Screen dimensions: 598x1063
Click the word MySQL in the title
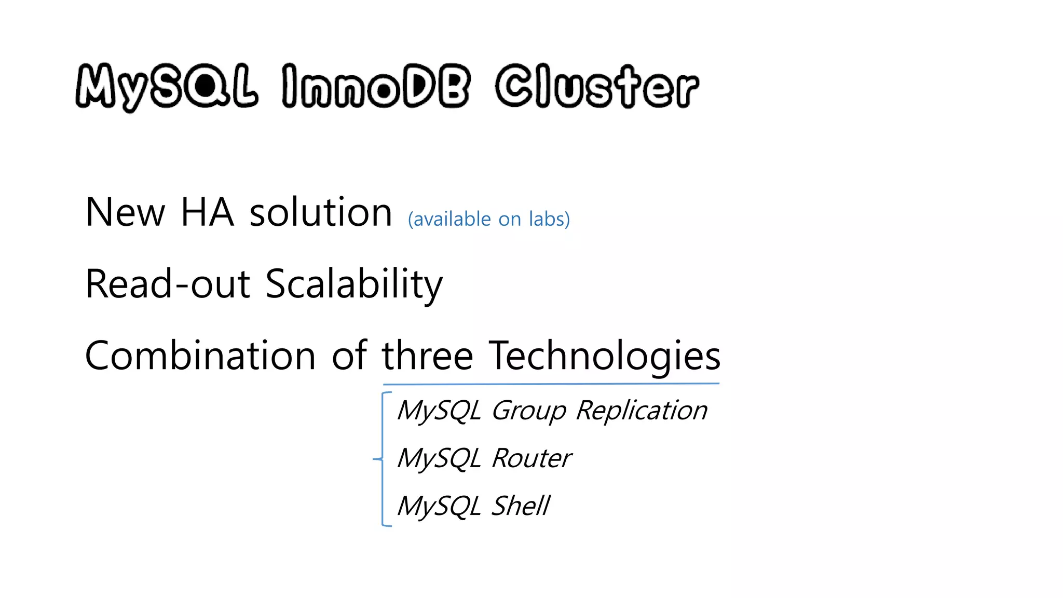(166, 87)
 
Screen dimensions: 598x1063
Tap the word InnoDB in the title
(376, 87)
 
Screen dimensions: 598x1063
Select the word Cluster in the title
(597, 87)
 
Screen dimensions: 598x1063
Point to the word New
(125, 212)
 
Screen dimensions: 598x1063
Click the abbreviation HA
(207, 212)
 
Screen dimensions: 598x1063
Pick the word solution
(321, 212)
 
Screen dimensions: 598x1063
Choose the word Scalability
(354, 285)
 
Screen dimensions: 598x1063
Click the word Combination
(200, 356)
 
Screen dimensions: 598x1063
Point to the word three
(428, 356)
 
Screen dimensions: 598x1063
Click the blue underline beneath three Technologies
(551, 384)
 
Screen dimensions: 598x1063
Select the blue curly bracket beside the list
(383, 459)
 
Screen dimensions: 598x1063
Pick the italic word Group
(528, 411)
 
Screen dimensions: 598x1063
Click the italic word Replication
(642, 411)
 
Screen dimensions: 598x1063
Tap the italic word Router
(531, 458)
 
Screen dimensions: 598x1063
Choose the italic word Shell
(520, 506)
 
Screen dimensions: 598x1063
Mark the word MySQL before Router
(439, 459)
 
